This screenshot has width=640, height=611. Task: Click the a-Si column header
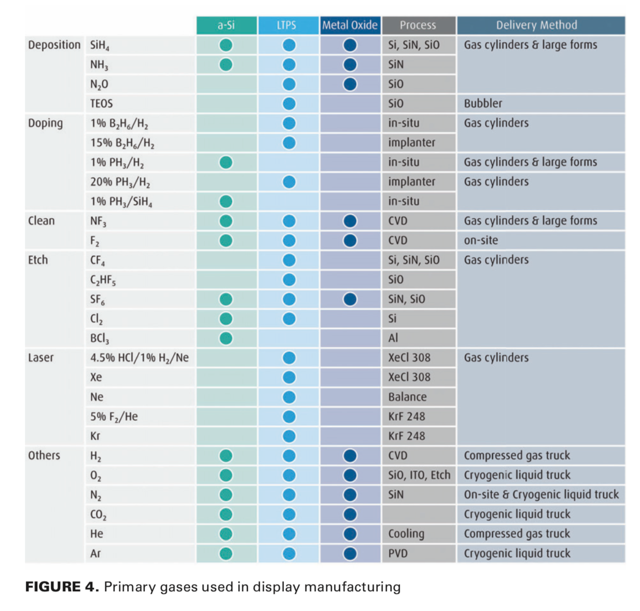click(226, 25)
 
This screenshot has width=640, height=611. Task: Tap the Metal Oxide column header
click(350, 25)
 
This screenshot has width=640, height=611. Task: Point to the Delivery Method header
click(536, 25)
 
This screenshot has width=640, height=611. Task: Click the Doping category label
click(46, 123)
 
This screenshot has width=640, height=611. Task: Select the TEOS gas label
click(102, 104)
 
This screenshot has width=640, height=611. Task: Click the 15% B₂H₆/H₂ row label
click(122, 143)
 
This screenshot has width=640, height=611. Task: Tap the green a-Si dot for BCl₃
click(226, 338)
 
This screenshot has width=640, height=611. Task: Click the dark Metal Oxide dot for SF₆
click(350, 299)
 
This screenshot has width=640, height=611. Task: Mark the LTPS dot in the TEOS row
click(289, 104)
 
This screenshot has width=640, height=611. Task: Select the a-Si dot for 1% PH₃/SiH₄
click(226, 201)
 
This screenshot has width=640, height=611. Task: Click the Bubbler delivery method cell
click(483, 104)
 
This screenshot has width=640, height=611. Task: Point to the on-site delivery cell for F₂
click(481, 241)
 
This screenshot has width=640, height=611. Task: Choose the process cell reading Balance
click(408, 397)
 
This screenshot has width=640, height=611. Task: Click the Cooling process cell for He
click(406, 534)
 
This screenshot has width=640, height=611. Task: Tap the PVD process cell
click(398, 553)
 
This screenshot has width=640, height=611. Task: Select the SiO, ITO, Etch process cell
click(419, 475)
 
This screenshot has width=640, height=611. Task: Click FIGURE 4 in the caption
click(62, 587)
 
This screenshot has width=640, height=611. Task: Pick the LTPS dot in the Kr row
click(289, 436)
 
